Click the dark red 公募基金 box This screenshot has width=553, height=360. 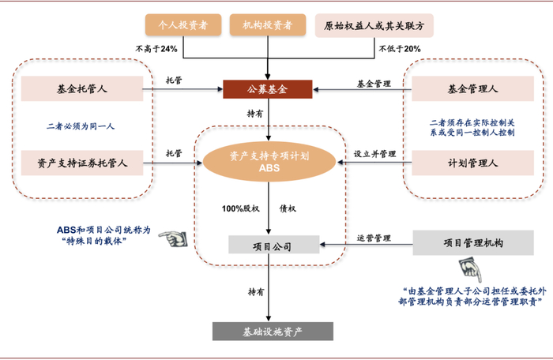coord(268,89)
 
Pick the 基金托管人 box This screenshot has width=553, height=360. coord(83,89)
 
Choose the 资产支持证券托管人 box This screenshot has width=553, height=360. coord(83,163)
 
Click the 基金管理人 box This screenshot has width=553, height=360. coord(473,89)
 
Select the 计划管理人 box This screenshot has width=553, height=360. coord(473,163)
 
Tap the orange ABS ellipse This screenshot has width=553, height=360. coord(269,162)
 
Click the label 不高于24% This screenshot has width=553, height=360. coord(160,49)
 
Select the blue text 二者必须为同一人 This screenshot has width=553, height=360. coord(81,126)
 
